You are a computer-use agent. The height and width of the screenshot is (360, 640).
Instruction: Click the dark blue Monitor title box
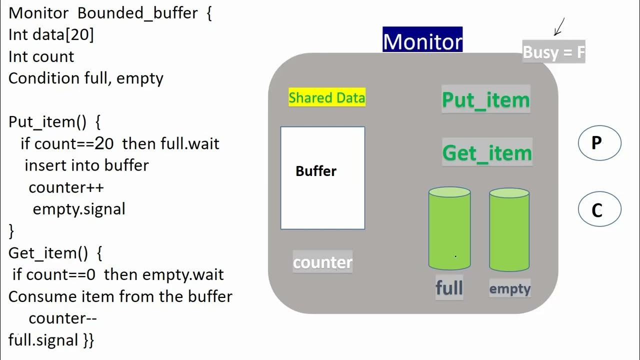coord(422,40)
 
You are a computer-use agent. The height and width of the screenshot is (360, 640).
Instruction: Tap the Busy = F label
coord(553,52)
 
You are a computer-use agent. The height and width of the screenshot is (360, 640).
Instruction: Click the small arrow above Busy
coord(559,27)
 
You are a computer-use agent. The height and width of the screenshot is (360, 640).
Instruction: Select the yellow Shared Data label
coord(326,97)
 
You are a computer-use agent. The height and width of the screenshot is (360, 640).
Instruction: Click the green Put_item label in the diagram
coord(485,100)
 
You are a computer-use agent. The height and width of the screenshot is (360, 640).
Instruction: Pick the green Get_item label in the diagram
coord(487,153)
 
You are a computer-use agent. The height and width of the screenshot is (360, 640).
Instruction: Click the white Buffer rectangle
coord(322,178)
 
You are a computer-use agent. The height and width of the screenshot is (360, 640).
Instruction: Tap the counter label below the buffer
coord(322,262)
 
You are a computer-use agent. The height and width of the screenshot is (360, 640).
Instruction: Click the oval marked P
coord(599,143)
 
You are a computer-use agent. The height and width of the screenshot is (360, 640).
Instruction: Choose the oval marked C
coord(599,210)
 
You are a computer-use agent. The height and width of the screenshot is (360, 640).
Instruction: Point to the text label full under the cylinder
coord(449,288)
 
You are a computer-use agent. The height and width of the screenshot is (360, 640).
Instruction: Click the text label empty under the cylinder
coord(509,288)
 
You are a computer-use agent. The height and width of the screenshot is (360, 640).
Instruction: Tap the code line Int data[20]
coord(51,35)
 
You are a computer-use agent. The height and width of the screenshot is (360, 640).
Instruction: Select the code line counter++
coord(66,187)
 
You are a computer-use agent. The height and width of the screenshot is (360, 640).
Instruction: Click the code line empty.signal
coord(78,209)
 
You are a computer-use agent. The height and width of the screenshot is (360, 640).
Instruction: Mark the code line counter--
coord(62,318)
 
